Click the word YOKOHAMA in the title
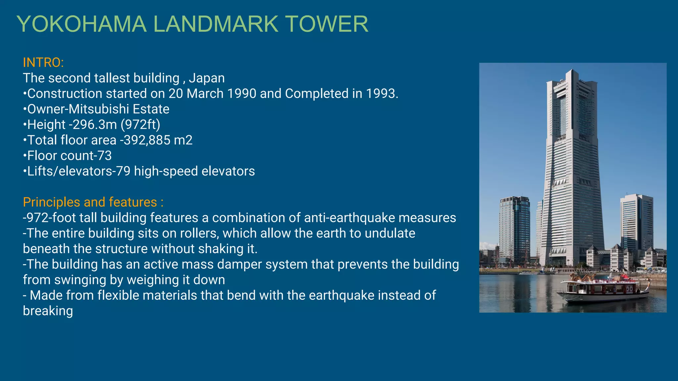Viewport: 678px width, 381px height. pyautogui.click(x=81, y=24)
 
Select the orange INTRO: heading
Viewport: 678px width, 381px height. pyautogui.click(x=43, y=63)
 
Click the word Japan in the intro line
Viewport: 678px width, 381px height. pyautogui.click(x=207, y=78)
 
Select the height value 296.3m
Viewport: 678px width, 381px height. pyautogui.click(x=95, y=125)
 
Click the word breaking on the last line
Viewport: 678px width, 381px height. pyautogui.click(x=48, y=311)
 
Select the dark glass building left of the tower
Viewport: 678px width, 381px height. pyautogui.click(x=514, y=228)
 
